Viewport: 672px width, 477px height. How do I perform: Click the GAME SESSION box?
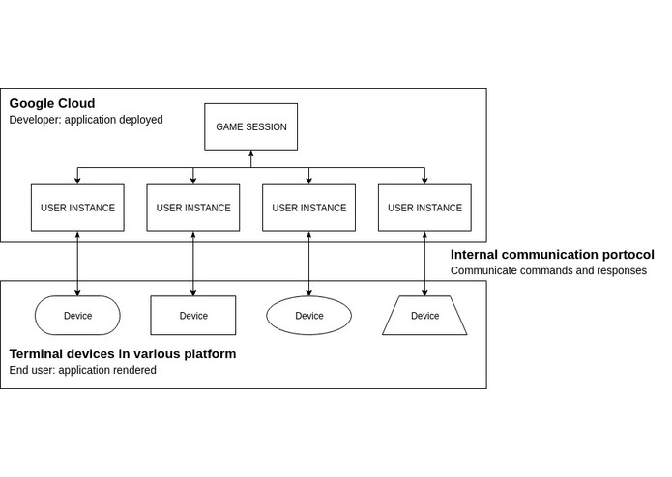(250, 127)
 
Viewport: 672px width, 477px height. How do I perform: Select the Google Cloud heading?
(52, 103)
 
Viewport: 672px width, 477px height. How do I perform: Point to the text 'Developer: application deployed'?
(86, 120)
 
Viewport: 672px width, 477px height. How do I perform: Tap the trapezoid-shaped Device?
(424, 316)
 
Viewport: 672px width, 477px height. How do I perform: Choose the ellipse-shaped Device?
(308, 316)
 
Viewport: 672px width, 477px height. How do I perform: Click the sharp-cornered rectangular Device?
(193, 316)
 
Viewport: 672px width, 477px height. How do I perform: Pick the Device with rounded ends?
(77, 316)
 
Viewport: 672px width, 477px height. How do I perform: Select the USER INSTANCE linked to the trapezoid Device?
(424, 208)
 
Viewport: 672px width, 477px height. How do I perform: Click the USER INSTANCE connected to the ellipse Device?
(308, 208)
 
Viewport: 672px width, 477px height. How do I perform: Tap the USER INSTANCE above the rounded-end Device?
(77, 208)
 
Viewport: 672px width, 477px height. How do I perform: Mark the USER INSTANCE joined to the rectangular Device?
(193, 208)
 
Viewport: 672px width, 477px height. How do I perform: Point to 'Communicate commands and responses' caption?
(548, 271)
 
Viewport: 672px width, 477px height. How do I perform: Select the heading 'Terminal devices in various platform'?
(123, 354)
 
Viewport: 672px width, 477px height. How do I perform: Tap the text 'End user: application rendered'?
(82, 370)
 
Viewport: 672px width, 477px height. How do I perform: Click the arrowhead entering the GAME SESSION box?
(250, 154)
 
